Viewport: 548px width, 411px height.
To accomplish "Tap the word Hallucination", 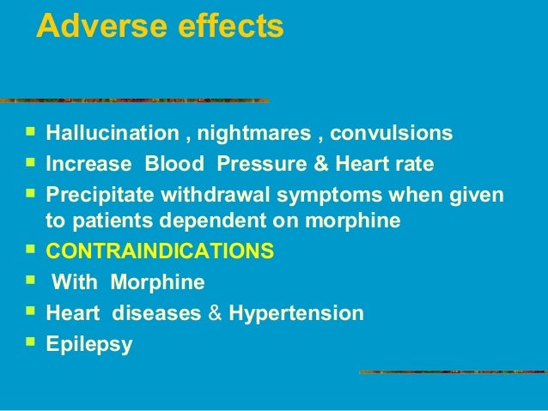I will point(106,135).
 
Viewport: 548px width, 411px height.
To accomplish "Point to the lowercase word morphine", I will point(358,221).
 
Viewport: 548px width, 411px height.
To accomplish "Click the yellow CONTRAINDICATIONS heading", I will point(160,252).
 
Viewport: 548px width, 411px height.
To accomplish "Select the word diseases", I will point(163,313).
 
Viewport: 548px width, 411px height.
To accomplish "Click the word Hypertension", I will point(296,313).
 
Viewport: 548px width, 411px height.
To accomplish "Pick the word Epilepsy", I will point(88,345).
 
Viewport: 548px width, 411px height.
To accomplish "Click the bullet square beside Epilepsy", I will point(31,343).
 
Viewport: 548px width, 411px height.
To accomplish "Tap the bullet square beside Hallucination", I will point(31,133).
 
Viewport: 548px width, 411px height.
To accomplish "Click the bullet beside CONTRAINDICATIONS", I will point(31,251).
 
